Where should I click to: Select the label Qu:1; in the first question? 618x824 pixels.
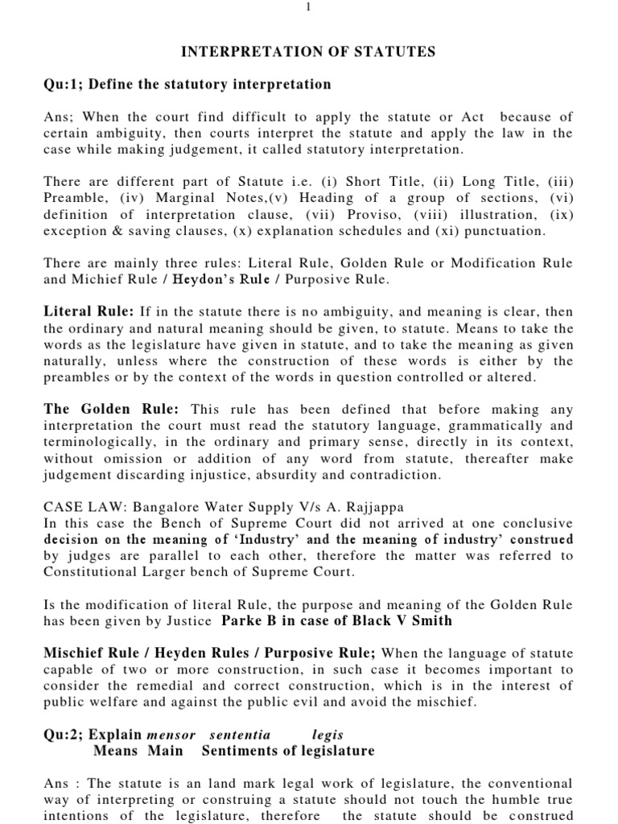tap(67, 84)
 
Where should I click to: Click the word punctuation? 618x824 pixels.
tap(505, 231)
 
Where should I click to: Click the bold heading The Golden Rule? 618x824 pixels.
tap(110, 410)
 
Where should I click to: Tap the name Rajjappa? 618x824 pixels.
tap(377, 508)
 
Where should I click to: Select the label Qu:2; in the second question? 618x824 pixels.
tap(67, 735)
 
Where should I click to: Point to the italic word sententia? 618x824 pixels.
tap(240, 735)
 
